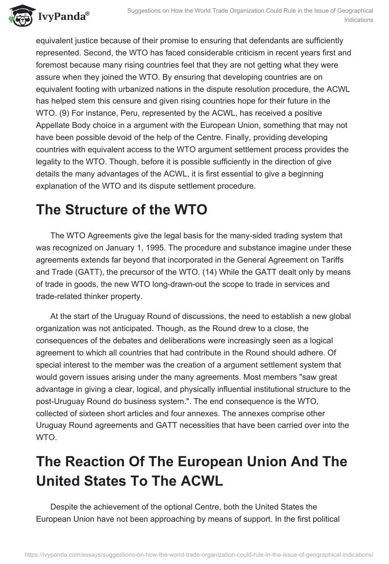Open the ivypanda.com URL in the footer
pyautogui.click(x=194, y=554)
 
